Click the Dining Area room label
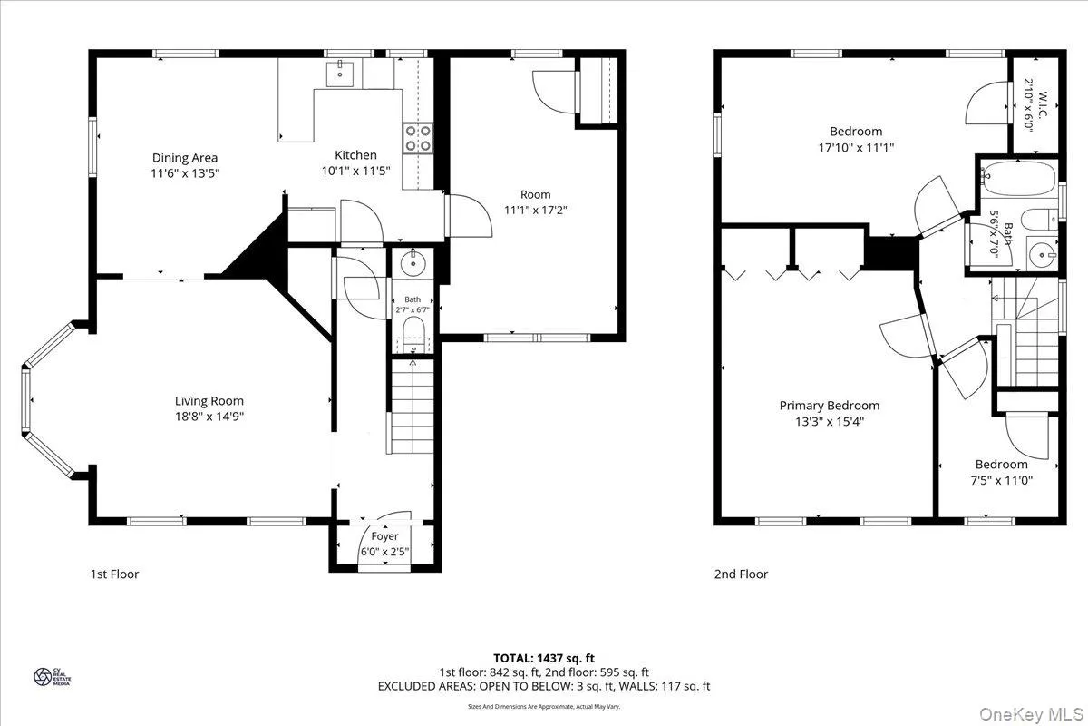click(185, 157)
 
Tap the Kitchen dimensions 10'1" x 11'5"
click(356, 171)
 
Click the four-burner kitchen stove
click(417, 137)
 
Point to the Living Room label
click(209, 400)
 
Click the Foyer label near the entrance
click(384, 536)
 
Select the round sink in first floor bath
click(413, 265)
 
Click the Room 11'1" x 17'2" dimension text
click(535, 210)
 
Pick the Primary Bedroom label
click(830, 406)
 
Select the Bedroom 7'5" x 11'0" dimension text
click(1001, 481)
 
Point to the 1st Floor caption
click(114, 574)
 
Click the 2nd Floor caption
click(740, 574)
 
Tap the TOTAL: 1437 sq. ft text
click(543, 658)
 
